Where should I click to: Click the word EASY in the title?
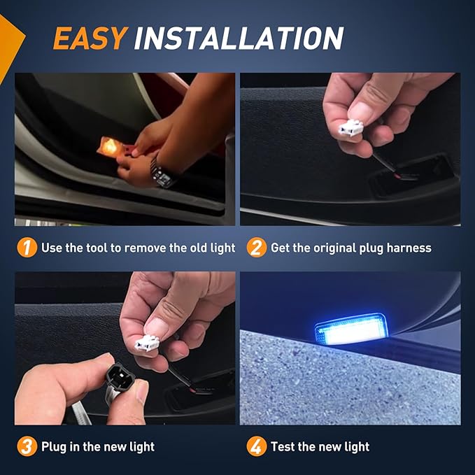(x=89, y=39)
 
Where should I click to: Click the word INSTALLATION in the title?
(x=239, y=39)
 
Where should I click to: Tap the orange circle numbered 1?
(x=27, y=248)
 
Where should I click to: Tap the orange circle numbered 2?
(x=257, y=248)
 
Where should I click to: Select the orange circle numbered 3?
(x=27, y=446)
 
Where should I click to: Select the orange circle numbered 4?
(x=257, y=446)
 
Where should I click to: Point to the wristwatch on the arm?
(x=162, y=171)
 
